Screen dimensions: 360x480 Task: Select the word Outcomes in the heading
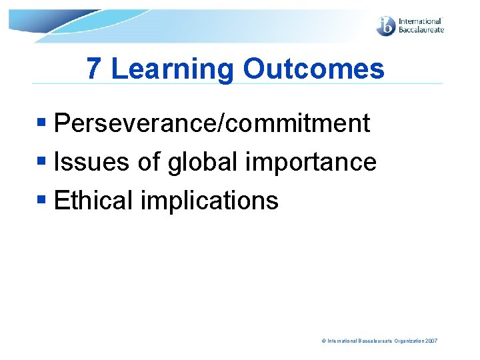pos(314,69)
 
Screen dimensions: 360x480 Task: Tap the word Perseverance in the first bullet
pos(133,123)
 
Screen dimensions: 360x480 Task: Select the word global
pos(200,162)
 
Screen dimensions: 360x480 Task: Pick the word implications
pos(209,201)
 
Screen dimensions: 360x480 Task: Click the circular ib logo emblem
pos(386,26)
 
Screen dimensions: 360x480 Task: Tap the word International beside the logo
pos(421,21)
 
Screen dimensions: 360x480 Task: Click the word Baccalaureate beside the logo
pos(421,30)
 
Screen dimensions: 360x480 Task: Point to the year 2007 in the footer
pos(430,341)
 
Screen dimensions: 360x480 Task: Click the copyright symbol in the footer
pos(324,341)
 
